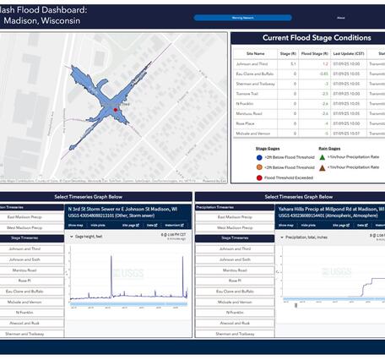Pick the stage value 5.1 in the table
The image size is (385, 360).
tap(293, 63)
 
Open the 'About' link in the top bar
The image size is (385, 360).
tap(340, 17)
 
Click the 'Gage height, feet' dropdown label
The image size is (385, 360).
tap(89, 237)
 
